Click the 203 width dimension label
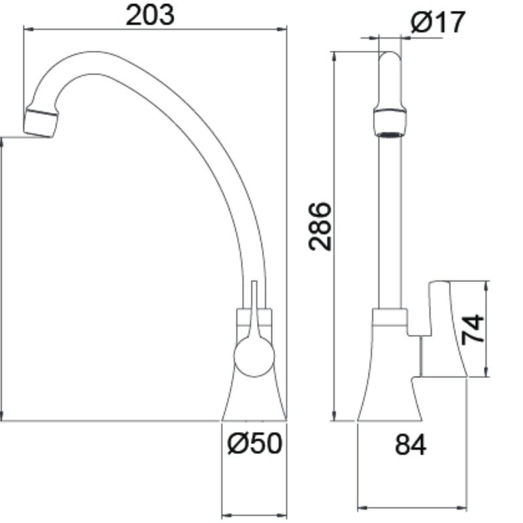(150, 15)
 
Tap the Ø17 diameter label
(437, 22)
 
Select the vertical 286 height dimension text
(320, 226)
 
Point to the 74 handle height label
(473, 329)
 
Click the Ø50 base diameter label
(254, 443)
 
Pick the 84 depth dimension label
(411, 445)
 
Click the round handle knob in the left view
(254, 356)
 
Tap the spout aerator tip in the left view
(41, 122)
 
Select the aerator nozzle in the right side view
(390, 123)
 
